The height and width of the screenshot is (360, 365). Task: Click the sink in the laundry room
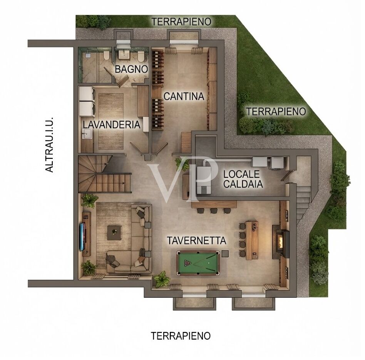[x=87, y=134]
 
